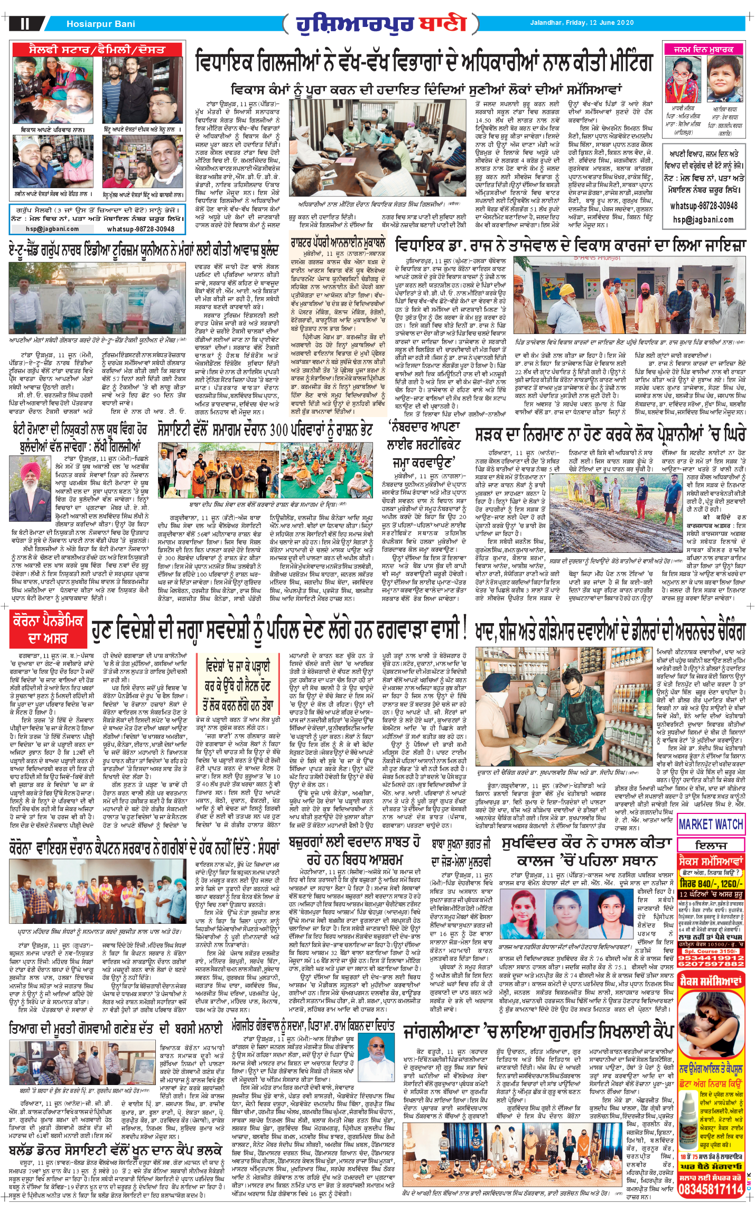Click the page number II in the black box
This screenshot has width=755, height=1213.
(x=25, y=24)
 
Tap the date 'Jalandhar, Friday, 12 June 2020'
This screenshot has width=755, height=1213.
(x=582, y=23)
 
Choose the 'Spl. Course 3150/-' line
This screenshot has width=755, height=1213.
(x=711, y=951)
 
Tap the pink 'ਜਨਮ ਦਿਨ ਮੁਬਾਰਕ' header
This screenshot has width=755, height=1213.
(x=703, y=50)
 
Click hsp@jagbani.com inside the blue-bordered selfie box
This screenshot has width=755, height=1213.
(x=52, y=229)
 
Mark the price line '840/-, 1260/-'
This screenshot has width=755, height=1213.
(x=711, y=883)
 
